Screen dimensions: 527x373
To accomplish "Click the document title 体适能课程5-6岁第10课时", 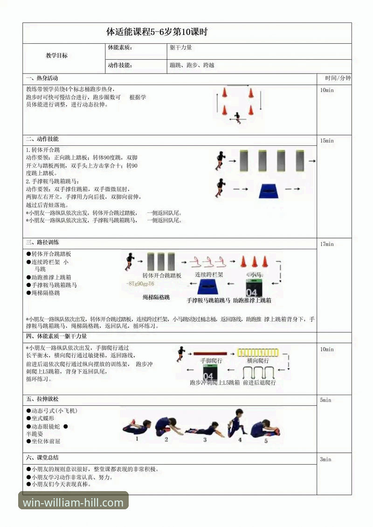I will tap(157, 32).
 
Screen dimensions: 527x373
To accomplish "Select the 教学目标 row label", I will tap(56, 55).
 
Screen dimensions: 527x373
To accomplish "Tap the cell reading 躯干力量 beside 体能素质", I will tap(181, 48).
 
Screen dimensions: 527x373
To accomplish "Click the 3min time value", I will tap(325, 459).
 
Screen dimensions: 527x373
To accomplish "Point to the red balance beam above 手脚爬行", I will tap(210, 354).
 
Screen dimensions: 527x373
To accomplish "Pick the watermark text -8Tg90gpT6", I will tap(140, 284).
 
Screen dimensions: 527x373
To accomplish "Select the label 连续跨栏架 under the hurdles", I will tap(209, 275).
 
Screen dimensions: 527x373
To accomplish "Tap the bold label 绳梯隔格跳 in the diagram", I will tap(156, 297).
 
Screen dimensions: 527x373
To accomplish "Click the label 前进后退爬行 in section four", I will tap(259, 383).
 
